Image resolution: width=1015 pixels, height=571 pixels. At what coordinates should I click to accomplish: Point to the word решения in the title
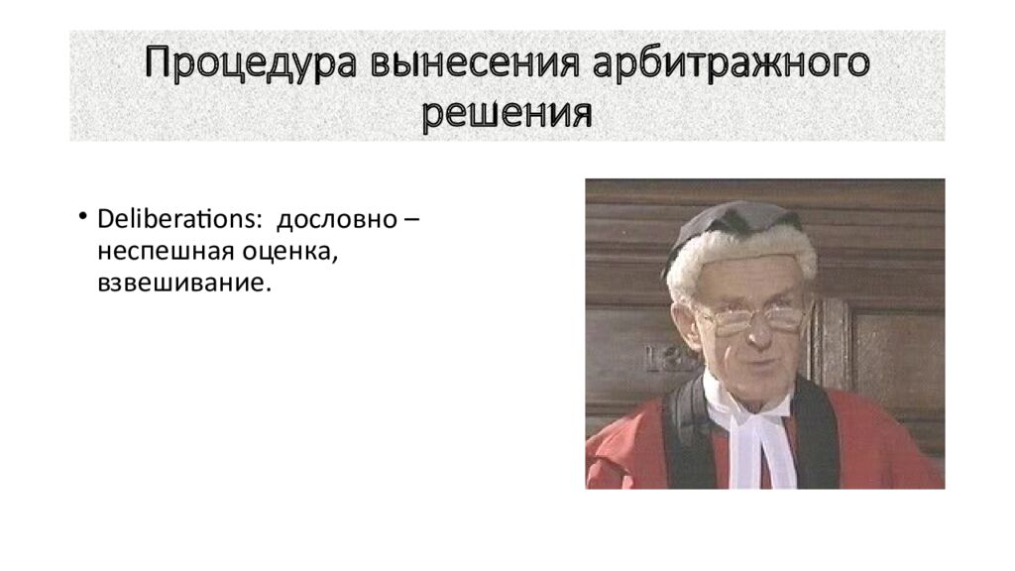[x=507, y=114]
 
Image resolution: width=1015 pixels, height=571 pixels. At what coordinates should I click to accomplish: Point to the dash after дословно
[x=410, y=218]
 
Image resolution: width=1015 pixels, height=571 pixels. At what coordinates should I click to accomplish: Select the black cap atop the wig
[x=733, y=218]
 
